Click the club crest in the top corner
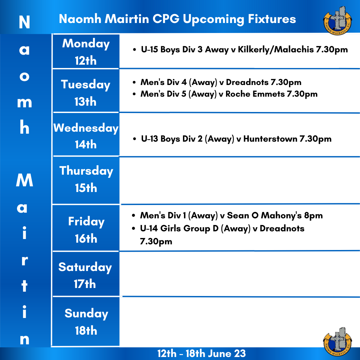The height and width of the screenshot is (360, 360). (x=337, y=21)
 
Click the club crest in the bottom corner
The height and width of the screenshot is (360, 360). (x=337, y=342)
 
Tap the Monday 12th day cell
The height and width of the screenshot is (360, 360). (x=86, y=51)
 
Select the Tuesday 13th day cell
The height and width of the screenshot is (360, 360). (x=86, y=91)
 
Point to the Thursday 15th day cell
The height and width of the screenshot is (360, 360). (x=86, y=180)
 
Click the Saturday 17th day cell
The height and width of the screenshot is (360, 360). (x=86, y=274)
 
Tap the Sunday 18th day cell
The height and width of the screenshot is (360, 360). (x=86, y=321)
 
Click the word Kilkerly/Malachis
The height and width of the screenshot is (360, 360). (x=276, y=50)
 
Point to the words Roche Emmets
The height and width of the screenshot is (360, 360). (x=255, y=94)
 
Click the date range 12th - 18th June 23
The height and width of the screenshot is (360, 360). (x=202, y=354)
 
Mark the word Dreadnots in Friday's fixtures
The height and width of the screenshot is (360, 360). (x=282, y=228)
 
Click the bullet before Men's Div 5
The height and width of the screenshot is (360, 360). (x=134, y=94)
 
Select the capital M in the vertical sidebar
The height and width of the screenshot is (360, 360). (x=25, y=180)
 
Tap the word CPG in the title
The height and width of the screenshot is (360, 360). (x=166, y=19)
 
